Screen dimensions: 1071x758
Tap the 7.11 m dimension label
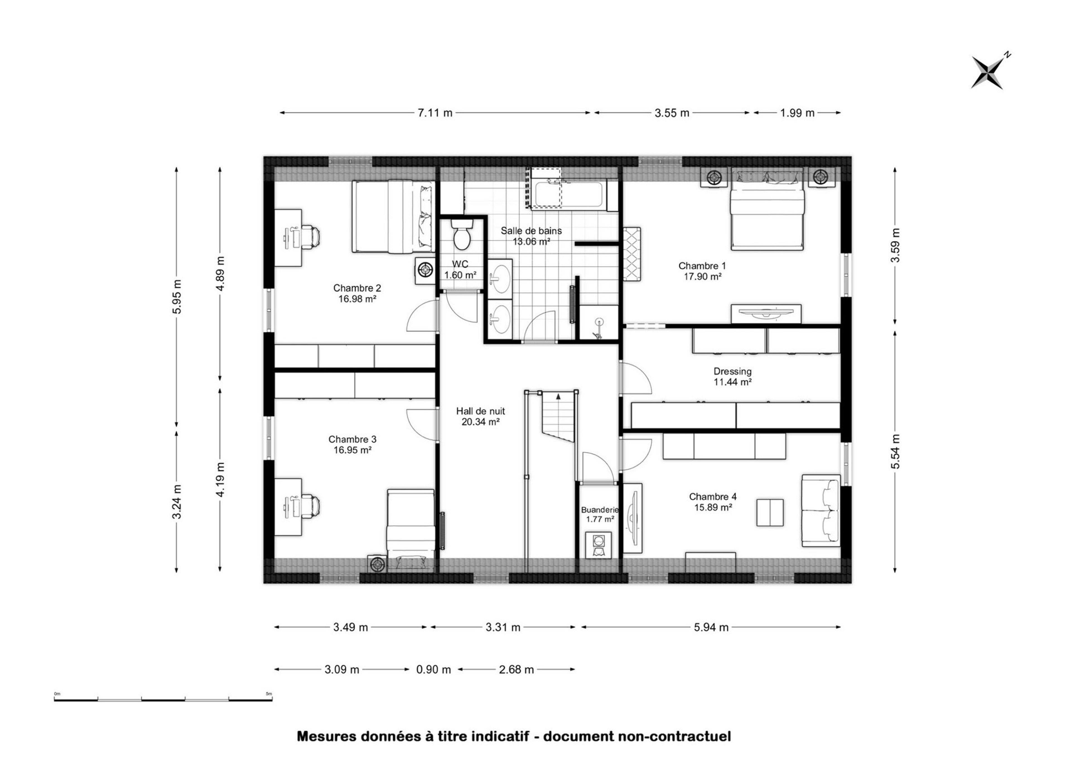(x=435, y=113)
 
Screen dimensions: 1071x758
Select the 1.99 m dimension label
(x=797, y=113)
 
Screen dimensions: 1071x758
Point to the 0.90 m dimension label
(x=433, y=670)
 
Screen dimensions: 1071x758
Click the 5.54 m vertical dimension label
(x=895, y=451)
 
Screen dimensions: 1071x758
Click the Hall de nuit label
(x=480, y=411)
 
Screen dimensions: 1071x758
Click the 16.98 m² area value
(x=358, y=299)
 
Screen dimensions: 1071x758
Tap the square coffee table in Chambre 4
(x=770, y=512)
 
